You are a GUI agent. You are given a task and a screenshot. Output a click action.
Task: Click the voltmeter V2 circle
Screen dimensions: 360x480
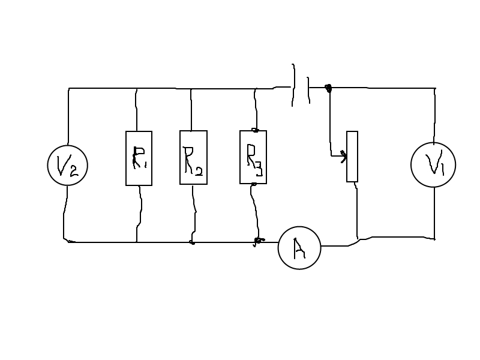[68, 165]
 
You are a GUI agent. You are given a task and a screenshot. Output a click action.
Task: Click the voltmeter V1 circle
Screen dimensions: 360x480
[433, 165]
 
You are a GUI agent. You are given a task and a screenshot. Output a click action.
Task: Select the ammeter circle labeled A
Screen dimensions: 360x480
[299, 247]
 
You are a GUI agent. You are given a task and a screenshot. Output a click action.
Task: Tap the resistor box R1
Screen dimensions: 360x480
[139, 158]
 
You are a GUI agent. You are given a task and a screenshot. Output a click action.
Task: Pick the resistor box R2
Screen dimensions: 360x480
[193, 157]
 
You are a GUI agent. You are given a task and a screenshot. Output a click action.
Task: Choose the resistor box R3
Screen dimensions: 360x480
[253, 157]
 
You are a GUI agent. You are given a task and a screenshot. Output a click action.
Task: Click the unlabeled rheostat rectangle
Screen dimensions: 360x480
[352, 156]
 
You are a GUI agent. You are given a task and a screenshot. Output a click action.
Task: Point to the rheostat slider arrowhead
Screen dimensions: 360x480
[343, 157]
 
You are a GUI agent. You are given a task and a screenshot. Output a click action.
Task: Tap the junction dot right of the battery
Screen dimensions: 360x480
[328, 89]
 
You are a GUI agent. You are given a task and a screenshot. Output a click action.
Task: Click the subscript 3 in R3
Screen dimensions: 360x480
[258, 170]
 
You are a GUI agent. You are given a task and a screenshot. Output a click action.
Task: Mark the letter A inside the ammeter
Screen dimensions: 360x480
[299, 248]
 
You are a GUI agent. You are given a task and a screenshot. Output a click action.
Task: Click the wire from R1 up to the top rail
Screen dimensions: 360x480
[137, 111]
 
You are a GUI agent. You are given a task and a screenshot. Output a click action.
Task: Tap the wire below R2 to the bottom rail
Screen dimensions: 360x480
[194, 213]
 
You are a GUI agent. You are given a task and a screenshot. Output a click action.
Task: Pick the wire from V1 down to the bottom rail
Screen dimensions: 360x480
[434, 213]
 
